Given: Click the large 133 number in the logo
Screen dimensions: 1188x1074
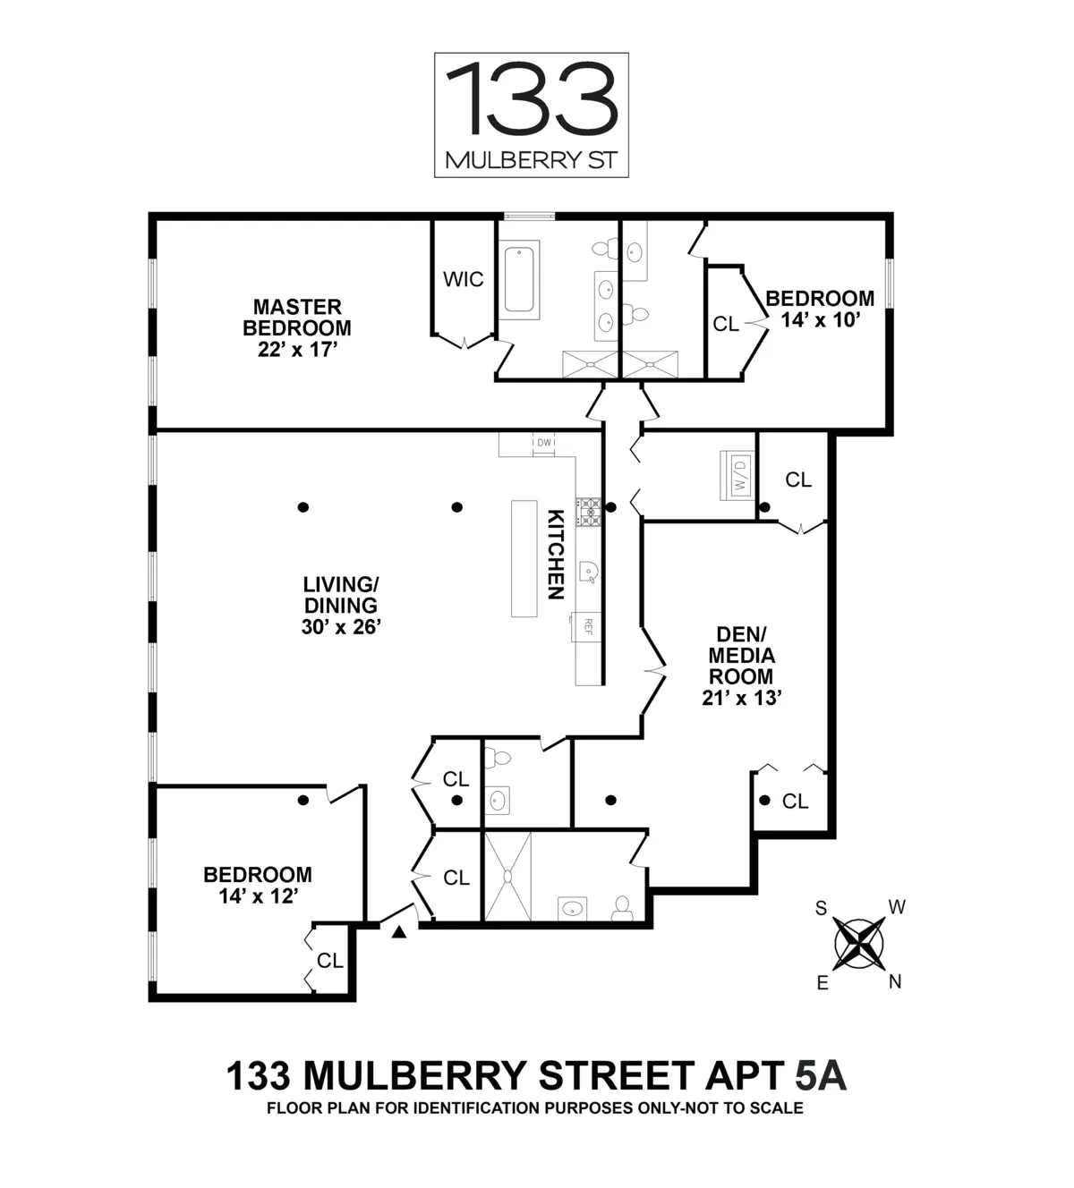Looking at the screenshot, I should click(532, 98).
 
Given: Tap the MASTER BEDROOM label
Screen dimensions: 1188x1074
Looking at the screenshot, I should click(297, 318).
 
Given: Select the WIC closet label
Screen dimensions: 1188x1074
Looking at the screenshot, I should click(464, 279).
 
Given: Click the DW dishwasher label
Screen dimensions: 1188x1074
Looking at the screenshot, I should click(544, 442).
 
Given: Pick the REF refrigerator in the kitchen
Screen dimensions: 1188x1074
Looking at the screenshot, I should click(588, 624).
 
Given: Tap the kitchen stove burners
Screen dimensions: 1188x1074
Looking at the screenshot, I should click(589, 511).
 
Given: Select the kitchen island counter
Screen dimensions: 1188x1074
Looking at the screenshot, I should click(524, 558).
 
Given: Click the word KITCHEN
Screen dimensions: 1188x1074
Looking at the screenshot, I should click(556, 555).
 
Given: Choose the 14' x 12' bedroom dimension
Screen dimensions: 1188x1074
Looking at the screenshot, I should click(258, 896).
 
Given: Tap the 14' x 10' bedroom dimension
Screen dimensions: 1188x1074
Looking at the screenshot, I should click(820, 320).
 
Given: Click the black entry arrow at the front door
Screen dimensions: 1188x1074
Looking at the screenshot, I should click(399, 932).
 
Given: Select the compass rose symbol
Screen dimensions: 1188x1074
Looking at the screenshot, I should click(859, 944).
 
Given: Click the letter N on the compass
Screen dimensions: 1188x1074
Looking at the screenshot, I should click(895, 982).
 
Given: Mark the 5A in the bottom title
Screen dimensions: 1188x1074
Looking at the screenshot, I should click(820, 1076).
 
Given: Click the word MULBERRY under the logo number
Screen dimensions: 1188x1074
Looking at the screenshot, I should click(511, 161).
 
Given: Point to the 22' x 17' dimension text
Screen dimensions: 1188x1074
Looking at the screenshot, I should click(297, 350).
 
